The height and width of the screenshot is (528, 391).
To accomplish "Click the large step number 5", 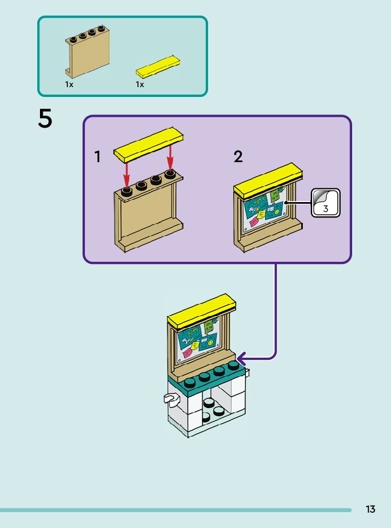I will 45,118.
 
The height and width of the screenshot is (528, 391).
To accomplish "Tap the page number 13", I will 371,509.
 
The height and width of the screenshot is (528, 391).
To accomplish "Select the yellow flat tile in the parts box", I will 159,66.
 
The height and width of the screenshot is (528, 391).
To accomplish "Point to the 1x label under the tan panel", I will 69,85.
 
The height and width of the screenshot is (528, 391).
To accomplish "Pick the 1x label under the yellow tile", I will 140,85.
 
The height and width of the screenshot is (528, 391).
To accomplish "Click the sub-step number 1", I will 97,157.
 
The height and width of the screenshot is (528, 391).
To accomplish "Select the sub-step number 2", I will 238,157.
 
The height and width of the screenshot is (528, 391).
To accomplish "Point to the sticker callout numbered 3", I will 326,203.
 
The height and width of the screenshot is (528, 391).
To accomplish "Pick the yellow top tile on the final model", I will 201,311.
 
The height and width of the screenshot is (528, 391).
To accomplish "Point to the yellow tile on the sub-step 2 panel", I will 268,179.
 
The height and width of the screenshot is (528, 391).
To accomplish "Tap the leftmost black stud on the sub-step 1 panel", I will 127,191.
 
